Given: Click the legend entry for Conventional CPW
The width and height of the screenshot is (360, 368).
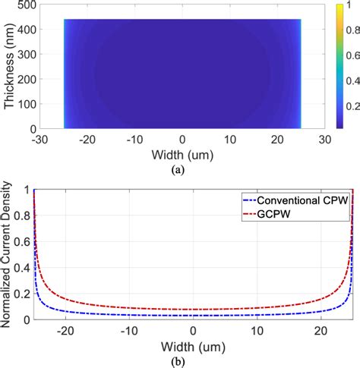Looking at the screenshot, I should [308, 202].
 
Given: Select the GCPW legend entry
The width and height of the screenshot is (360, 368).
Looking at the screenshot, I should [289, 215].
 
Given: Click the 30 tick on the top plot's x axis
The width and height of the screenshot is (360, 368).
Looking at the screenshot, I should [324, 140].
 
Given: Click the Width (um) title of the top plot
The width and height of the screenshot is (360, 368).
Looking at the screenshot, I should [181, 156].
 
